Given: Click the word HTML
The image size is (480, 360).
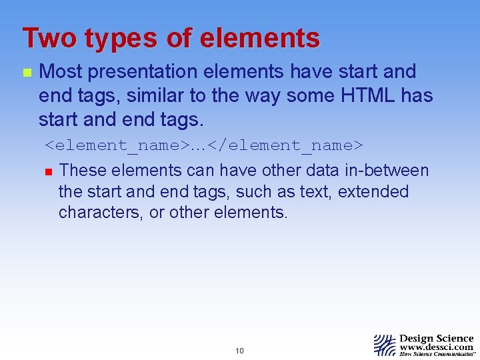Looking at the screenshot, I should tap(370, 95).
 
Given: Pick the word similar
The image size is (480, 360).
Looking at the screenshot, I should tap(157, 95).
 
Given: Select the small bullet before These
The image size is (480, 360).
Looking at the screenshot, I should tap(47, 171).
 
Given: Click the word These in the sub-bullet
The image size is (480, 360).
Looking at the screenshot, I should tap(82, 170).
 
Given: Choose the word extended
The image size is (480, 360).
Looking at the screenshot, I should tap(373, 191).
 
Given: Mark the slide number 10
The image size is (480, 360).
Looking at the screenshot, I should tap(239, 351).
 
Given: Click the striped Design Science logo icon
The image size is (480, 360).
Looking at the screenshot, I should tap(385, 345).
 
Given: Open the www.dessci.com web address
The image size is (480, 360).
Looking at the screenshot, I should tap(437, 347).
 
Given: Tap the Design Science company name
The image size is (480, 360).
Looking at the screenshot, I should tap(437, 338).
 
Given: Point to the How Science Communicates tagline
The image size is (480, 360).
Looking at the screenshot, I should tap(437, 354).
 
